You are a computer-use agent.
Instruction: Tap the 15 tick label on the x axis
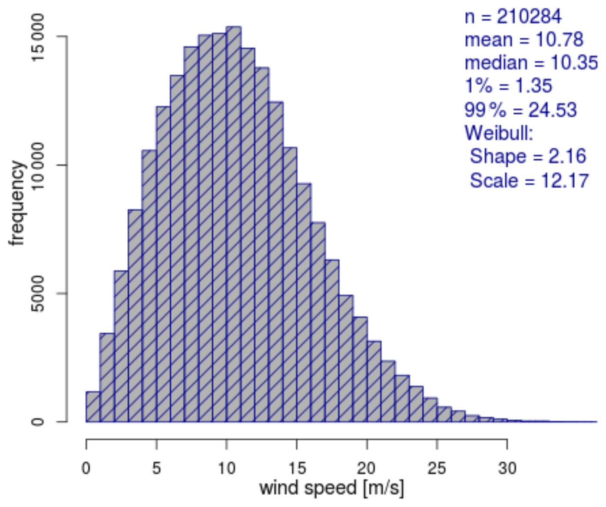(297, 468)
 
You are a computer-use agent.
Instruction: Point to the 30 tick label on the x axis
(507, 468)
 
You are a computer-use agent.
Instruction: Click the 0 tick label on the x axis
(86, 468)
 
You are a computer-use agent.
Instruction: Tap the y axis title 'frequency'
(17, 203)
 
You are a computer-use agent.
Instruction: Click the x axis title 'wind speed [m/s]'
(331, 488)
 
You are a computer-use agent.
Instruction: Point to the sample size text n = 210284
(513, 17)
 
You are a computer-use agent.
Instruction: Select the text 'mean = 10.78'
(523, 40)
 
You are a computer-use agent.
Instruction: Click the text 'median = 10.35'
(531, 63)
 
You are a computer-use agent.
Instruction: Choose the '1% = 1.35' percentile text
(508, 86)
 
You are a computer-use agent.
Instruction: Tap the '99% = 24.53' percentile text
(520, 109)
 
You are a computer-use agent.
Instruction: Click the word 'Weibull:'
(499, 133)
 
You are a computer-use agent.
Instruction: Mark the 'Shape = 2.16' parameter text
(528, 156)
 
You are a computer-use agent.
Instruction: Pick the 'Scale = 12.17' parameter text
(529, 180)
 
